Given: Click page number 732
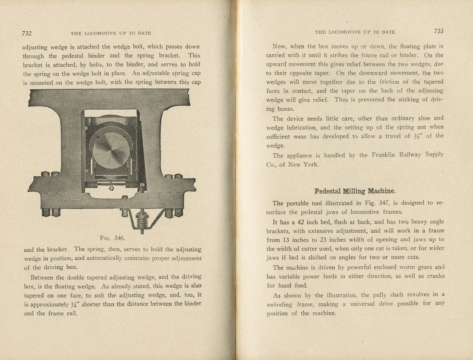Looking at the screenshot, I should pos(27,33).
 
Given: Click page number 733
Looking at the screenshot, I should pos(438,31).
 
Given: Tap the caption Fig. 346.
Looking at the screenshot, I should pos(112,238).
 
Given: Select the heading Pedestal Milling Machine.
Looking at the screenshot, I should pos(355,191).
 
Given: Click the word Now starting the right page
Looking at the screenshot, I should pos(279,46).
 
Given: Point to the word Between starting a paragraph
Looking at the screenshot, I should pos(42,278).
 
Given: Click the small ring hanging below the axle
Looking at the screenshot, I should pos(111,187).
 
